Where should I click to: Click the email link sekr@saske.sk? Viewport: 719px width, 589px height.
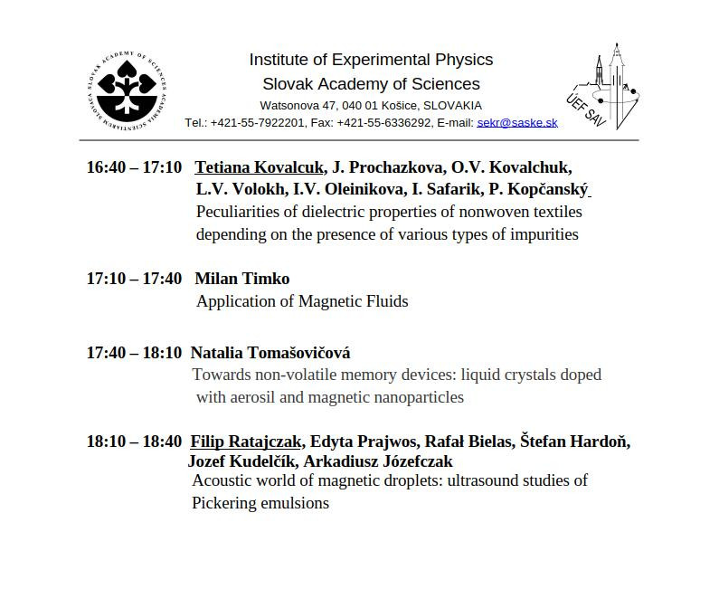point(517,123)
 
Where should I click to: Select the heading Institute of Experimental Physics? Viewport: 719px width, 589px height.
point(371,60)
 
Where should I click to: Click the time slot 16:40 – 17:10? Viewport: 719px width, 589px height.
point(134,167)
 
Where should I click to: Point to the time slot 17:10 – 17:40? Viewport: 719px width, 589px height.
point(134,279)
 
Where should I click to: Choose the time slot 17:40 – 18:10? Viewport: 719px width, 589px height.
point(134,353)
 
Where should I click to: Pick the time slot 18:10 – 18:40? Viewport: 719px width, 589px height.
point(134,442)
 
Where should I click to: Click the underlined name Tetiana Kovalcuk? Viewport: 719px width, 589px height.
point(259,167)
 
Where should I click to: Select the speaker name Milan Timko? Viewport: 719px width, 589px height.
point(242,279)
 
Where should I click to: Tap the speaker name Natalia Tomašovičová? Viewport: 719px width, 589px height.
point(270,353)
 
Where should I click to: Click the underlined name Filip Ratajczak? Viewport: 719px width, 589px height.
point(245,442)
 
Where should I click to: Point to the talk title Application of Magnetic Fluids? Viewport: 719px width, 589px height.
point(302,301)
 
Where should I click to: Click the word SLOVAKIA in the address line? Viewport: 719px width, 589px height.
point(452,106)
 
